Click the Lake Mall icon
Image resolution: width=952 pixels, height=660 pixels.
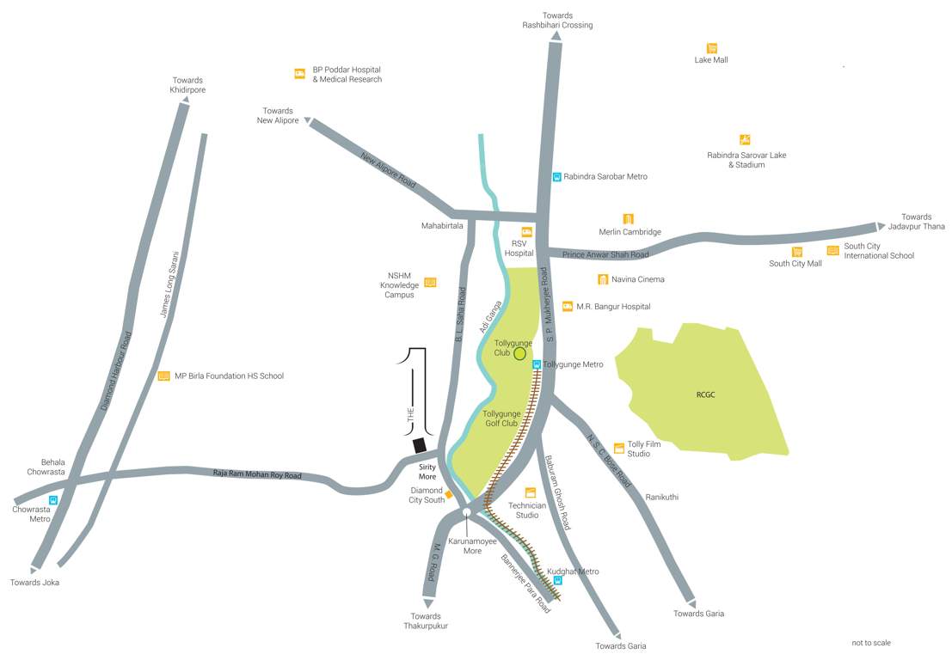tap(712, 48)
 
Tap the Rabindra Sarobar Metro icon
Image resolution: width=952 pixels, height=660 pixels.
tap(557, 176)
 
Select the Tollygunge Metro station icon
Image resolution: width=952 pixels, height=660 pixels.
tap(537, 364)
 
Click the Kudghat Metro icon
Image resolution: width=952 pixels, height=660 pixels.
tap(557, 581)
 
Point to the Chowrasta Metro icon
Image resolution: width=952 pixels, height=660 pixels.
tap(53, 499)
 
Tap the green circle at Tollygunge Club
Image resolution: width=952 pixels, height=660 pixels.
tap(519, 353)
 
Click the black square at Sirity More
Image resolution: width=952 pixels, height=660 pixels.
tap(420, 445)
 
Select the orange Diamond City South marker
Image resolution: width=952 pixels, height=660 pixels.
tap(448, 494)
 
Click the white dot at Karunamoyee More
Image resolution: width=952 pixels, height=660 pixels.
tap(466, 512)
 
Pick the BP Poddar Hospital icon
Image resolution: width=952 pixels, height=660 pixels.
tap(299, 74)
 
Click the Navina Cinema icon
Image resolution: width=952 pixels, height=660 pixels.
tap(603, 279)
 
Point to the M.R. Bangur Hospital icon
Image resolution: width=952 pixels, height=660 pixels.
tap(568, 306)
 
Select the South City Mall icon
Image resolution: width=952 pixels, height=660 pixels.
tap(797, 252)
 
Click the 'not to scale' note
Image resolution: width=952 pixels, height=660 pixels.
tap(870, 643)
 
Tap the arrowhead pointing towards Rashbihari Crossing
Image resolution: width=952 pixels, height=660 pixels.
tap(556, 37)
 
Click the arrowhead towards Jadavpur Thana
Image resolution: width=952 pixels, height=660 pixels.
tap(880, 226)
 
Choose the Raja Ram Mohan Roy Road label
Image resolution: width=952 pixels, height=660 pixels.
tap(257, 474)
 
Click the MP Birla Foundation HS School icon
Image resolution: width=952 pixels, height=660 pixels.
tap(163, 376)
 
